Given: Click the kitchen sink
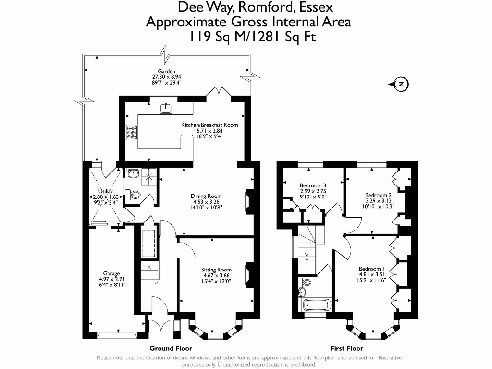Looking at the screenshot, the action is pyautogui.click(x=166, y=108).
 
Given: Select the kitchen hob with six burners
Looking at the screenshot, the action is pyautogui.click(x=132, y=133).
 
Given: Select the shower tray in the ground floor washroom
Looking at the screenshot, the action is pyautogui.click(x=148, y=178).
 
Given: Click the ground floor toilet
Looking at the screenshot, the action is pyautogui.click(x=133, y=195).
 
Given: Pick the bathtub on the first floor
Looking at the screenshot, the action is pyautogui.click(x=317, y=305).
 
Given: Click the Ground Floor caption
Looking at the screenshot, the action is pyautogui.click(x=171, y=348).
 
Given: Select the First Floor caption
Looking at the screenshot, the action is pyautogui.click(x=347, y=348).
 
